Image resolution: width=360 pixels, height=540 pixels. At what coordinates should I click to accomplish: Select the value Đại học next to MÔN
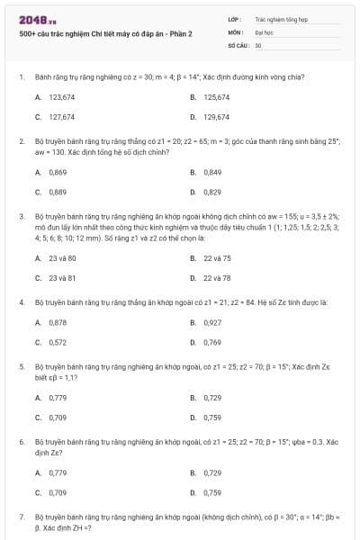[x=264, y=31]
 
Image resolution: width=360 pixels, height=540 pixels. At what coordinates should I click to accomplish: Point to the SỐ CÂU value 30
[x=258, y=45]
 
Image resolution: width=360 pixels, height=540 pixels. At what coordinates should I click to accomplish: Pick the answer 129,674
[x=216, y=117]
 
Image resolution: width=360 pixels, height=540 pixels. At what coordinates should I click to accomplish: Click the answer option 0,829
[x=212, y=192]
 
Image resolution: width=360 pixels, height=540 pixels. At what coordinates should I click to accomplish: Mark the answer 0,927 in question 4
[x=212, y=321]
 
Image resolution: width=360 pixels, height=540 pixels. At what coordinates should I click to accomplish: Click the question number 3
[x=21, y=216]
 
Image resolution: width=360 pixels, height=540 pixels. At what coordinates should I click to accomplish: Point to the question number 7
[x=21, y=517]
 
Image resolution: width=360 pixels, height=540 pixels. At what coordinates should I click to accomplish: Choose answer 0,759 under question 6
[x=212, y=492]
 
